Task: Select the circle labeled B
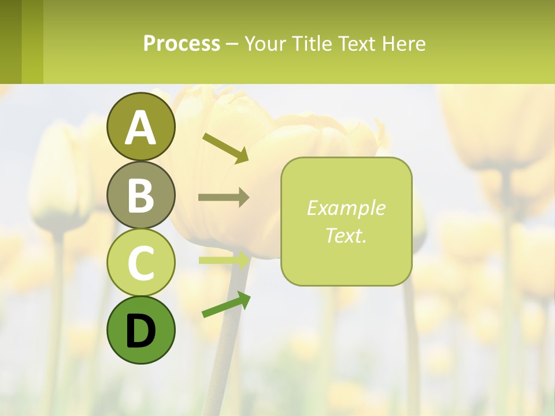(x=141, y=195)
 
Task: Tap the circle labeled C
(x=141, y=262)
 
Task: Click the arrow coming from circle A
(x=225, y=148)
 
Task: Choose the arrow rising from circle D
(x=226, y=304)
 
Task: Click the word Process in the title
(x=182, y=43)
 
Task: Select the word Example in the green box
(x=346, y=208)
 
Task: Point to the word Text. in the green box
(x=346, y=235)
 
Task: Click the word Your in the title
(x=264, y=43)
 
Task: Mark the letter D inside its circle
(x=141, y=331)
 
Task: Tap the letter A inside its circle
(x=141, y=127)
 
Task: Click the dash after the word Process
(x=232, y=44)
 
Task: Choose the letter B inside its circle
(x=141, y=195)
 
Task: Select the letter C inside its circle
(x=141, y=262)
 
